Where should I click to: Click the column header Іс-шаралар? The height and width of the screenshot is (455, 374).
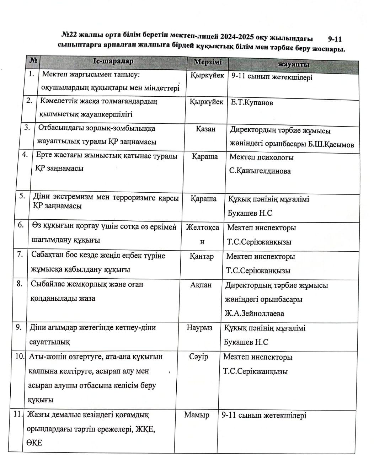(x=113, y=61)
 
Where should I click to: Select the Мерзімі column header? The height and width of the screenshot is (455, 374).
(x=208, y=62)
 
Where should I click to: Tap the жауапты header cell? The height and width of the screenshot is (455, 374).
(x=293, y=64)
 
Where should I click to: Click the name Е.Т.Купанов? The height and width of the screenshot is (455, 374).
(x=252, y=103)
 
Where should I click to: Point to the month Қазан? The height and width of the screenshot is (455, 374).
(x=205, y=129)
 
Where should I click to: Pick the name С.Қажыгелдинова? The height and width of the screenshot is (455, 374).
(x=260, y=171)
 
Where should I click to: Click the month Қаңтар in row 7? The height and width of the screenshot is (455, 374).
(x=202, y=256)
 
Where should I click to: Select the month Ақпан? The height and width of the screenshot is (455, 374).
(x=201, y=285)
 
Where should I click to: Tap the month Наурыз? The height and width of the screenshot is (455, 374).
(x=199, y=327)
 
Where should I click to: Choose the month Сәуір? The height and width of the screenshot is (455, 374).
(x=199, y=357)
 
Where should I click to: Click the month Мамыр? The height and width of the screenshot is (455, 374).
(x=197, y=415)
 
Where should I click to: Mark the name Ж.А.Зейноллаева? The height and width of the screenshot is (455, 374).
(x=254, y=314)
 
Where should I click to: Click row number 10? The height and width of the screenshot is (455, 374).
(x=20, y=356)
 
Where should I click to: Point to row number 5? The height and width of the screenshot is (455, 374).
(x=22, y=196)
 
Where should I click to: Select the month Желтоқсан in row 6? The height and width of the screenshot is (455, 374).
(x=202, y=228)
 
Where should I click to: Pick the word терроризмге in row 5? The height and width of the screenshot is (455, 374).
(x=137, y=198)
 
